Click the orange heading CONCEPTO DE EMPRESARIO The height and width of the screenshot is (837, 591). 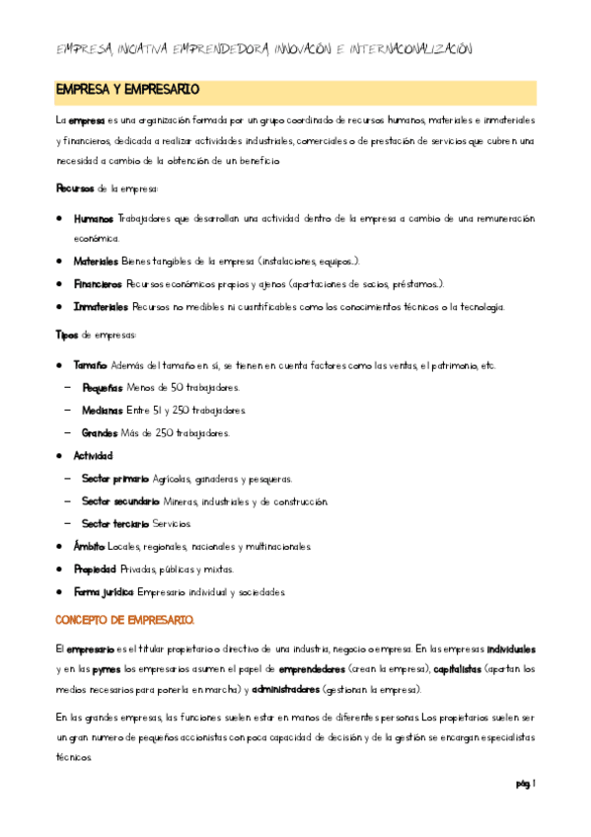(124, 619)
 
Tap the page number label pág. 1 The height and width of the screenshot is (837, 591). (524, 784)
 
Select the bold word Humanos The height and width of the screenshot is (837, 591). (94, 218)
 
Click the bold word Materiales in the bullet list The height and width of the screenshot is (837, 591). (97, 262)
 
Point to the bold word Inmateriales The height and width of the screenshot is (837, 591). (101, 306)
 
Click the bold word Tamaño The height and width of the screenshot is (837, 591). (91, 366)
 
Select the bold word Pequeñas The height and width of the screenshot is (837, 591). (104, 388)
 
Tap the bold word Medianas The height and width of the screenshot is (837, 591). (104, 410)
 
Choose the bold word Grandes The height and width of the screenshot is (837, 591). (101, 432)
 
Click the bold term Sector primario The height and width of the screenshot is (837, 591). (115, 479)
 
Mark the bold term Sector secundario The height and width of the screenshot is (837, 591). (121, 501)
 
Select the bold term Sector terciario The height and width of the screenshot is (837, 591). (115, 523)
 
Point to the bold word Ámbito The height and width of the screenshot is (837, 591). (89, 546)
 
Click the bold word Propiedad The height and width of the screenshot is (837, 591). (95, 569)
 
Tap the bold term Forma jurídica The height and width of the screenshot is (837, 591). (104, 591)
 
